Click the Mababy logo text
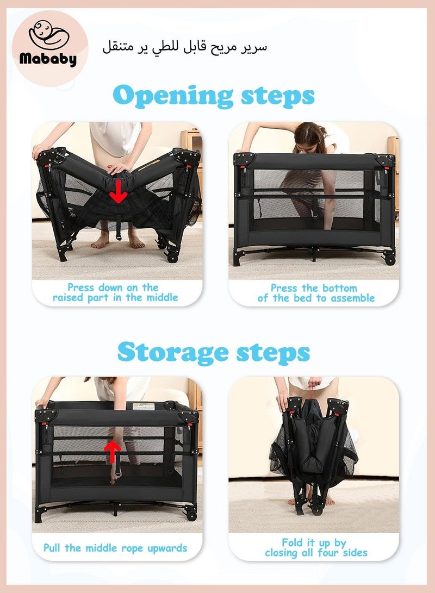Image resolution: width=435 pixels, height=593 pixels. pyautogui.click(x=48, y=59)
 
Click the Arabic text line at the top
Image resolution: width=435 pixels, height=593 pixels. pyautogui.click(x=185, y=47)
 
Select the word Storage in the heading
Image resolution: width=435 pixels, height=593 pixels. pyautogui.click(x=173, y=352)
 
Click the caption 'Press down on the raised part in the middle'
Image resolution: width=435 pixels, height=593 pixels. pyautogui.click(x=115, y=292)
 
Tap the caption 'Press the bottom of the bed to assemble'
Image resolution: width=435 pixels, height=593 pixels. pyautogui.click(x=316, y=293)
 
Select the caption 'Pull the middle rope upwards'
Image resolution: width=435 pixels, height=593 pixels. pyautogui.click(x=115, y=548)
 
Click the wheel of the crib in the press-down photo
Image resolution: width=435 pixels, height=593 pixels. pyautogui.click(x=172, y=255)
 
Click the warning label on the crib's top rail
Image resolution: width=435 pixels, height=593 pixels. pyautogui.click(x=146, y=405)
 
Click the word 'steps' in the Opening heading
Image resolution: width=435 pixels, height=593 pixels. pyautogui.click(x=276, y=97)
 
